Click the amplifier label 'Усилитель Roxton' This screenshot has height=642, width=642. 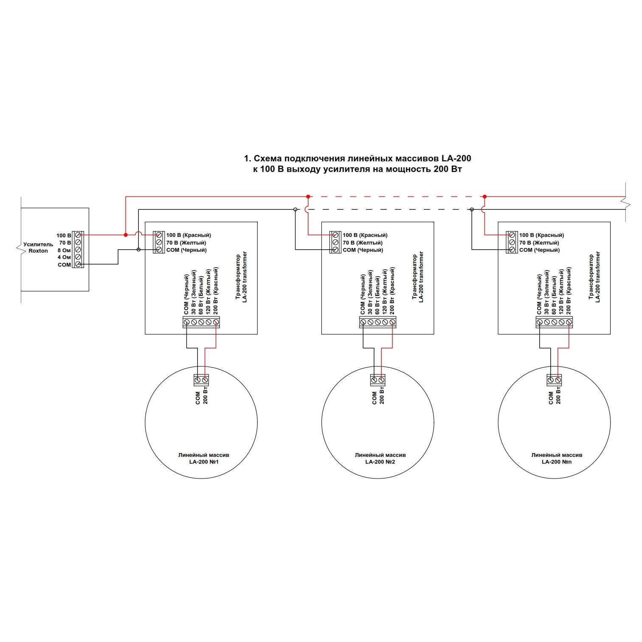click(38, 248)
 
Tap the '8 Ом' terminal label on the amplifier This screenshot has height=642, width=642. click(64, 250)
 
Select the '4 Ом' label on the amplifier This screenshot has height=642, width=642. click(64, 257)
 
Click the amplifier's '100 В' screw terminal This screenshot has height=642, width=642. click(78, 235)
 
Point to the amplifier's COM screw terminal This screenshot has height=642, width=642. click(78, 265)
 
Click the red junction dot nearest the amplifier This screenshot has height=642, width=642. click(125, 235)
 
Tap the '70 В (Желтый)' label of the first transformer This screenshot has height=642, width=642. click(186, 243)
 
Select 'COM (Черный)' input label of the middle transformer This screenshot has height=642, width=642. click(363, 250)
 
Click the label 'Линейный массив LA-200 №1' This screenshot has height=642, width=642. click(203, 459)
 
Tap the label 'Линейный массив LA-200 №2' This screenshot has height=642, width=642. click(380, 459)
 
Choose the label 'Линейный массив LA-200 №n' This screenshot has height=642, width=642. click(557, 459)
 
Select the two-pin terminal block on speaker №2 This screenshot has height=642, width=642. click(378, 380)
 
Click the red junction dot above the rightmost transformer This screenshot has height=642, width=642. click(485, 197)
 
